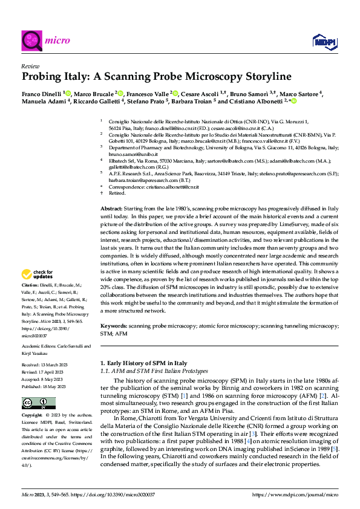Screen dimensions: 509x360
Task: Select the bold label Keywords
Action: coord(115,326)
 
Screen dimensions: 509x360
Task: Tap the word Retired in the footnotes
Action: coord(116,193)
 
